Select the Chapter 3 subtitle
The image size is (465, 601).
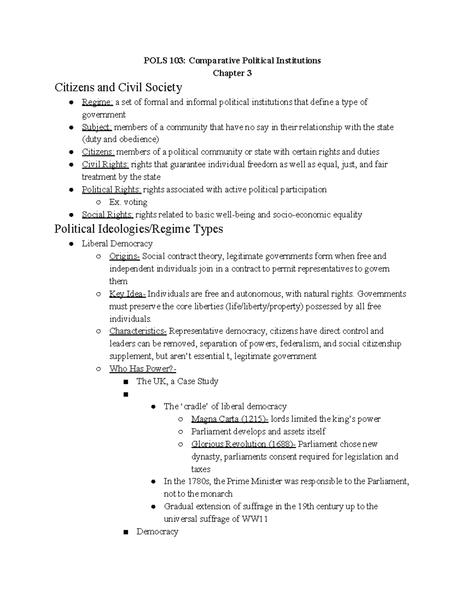point(232,73)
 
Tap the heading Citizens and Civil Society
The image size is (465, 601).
point(118,87)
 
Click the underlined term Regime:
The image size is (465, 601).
point(97,102)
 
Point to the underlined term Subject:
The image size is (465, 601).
point(96,127)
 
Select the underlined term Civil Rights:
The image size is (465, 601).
point(105,164)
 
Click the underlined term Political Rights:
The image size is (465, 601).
point(112,190)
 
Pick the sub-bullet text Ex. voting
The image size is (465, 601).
point(128,202)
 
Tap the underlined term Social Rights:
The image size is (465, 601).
point(107,215)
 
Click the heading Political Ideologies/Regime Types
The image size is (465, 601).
point(139,229)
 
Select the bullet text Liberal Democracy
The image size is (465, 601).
point(117,244)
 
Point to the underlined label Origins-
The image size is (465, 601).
point(124,256)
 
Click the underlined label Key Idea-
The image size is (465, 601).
point(127,294)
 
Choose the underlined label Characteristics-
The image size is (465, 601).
point(138,331)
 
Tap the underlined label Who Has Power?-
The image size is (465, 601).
point(143,369)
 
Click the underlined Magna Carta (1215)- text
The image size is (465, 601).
point(229,419)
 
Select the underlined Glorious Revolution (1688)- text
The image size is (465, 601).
point(243,444)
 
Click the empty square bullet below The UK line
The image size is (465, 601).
point(125,395)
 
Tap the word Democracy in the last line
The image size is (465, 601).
point(157,532)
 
